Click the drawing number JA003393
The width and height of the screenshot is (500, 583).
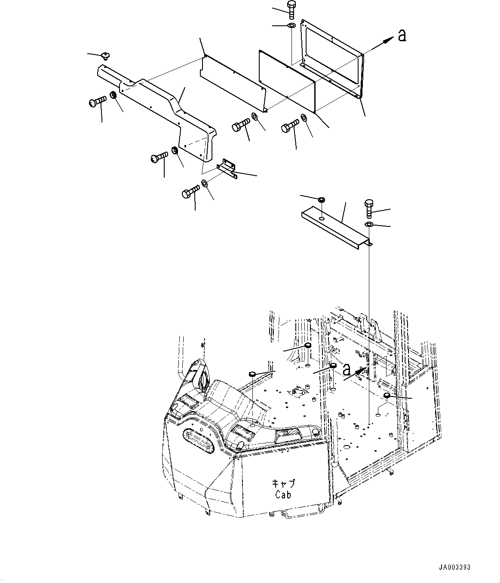(x=454, y=567)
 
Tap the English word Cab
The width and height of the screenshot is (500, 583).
(x=283, y=494)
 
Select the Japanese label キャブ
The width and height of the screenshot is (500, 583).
(x=282, y=483)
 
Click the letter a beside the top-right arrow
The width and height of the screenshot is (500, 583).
(x=402, y=36)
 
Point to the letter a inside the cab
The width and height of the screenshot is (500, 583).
(x=347, y=369)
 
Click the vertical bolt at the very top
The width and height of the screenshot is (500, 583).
(x=291, y=10)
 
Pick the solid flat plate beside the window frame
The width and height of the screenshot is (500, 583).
(x=287, y=82)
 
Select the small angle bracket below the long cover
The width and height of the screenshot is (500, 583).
(x=227, y=168)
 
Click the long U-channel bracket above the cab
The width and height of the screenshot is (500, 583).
(x=335, y=225)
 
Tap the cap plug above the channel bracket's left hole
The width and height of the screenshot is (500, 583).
(x=321, y=200)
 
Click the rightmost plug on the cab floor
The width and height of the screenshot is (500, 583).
(x=387, y=395)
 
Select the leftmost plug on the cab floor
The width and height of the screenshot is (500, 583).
(x=252, y=374)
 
